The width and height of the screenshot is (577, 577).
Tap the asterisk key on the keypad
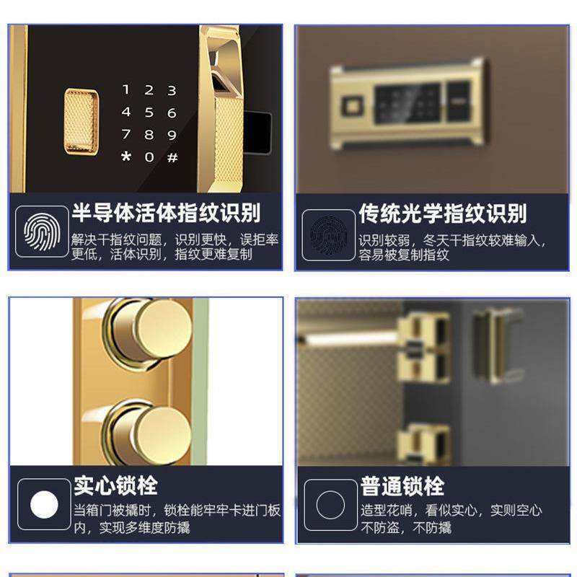pos(126,157)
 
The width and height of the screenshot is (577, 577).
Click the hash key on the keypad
pos(172,157)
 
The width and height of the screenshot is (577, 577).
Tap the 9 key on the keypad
pos(172,135)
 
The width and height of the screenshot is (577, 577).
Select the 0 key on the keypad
pos(149,157)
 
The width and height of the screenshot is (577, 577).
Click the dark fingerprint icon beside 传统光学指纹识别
pos(328,234)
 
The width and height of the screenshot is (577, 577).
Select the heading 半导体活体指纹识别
pos(166,213)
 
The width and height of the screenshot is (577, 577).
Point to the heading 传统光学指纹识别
pos(443,213)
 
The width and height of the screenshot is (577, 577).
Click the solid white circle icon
pos(44,504)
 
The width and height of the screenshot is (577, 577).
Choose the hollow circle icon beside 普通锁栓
pos(330,505)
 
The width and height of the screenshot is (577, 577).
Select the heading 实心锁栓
pos(115,485)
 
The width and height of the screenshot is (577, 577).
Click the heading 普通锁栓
pos(402,486)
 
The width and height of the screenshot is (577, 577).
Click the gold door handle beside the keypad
pos(223,108)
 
